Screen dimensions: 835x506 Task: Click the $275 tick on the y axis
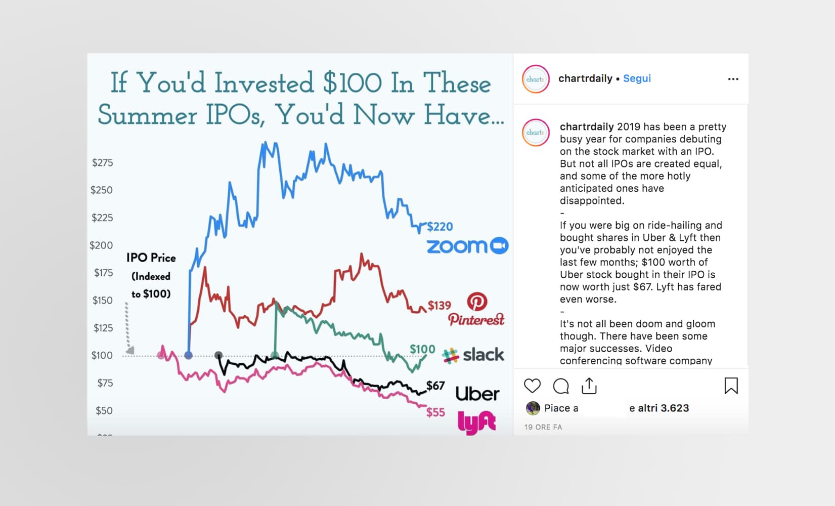point(103,162)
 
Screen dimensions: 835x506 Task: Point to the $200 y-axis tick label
point(101,245)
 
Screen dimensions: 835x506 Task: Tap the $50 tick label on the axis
point(104,410)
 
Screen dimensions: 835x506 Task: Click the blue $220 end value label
point(440,226)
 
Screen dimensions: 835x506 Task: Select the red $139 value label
point(440,306)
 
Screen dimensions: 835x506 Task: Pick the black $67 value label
point(435,385)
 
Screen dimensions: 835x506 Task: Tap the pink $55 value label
point(436,412)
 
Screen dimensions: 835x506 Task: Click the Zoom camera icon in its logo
point(499,246)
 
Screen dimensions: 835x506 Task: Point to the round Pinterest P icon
point(477,301)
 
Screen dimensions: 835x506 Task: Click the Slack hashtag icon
point(450,356)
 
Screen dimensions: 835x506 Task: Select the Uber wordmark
point(477,394)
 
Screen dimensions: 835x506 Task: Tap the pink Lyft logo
point(477,423)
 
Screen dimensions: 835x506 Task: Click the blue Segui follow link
point(637,78)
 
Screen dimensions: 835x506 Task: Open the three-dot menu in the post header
point(733,79)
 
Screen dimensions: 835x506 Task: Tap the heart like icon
point(533,386)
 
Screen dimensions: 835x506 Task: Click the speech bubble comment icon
point(561,386)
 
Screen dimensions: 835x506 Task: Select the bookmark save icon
point(731,386)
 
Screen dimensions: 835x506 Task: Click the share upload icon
point(589,386)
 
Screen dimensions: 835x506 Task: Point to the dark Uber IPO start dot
point(219,355)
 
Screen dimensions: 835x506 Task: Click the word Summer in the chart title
point(147,115)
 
